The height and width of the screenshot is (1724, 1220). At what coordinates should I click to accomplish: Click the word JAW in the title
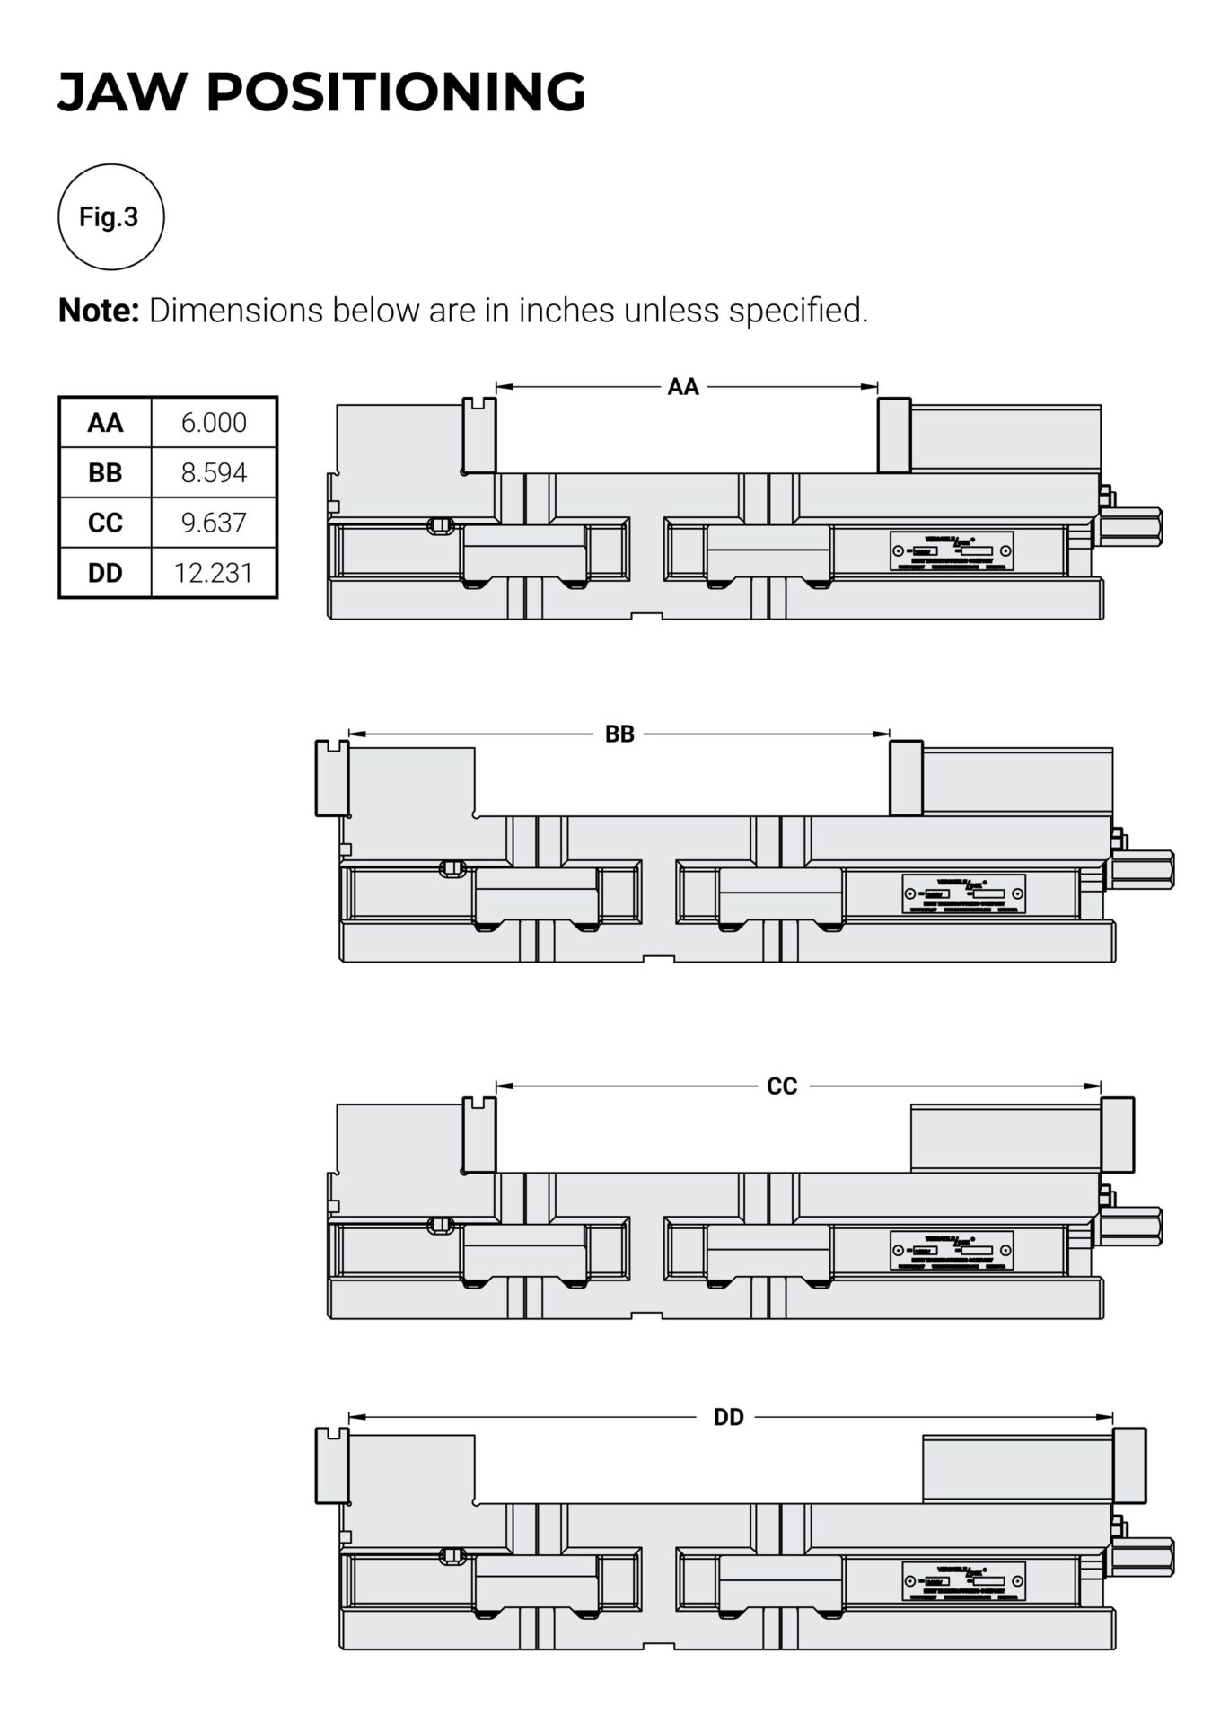point(121,92)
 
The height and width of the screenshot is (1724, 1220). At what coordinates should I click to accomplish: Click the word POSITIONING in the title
point(396,92)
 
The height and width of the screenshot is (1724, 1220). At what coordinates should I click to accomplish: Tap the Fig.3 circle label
point(110,217)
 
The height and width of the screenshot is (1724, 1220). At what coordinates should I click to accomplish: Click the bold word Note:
point(99,311)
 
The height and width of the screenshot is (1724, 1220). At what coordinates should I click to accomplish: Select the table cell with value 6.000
point(214,423)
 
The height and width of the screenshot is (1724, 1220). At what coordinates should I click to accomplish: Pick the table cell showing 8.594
point(214,473)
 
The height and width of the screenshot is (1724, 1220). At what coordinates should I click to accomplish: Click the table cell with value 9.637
point(214,523)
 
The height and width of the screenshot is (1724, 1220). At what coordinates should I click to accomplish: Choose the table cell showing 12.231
point(214,573)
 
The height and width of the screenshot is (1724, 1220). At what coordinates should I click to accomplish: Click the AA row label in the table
point(105,423)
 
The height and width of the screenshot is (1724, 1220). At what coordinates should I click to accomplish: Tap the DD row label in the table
point(105,573)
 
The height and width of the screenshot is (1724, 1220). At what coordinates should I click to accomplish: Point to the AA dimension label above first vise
point(682,387)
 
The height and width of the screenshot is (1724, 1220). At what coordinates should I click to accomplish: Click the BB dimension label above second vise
point(619,734)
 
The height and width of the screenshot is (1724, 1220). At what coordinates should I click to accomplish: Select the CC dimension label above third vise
point(782,1086)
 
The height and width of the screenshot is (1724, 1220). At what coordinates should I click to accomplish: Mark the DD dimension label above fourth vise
point(728,1417)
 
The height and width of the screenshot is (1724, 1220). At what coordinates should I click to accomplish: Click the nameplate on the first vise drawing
point(952,550)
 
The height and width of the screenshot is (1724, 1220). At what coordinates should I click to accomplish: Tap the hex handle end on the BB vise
point(1144,870)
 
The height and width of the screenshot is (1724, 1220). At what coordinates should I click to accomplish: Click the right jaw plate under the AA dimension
point(894,435)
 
